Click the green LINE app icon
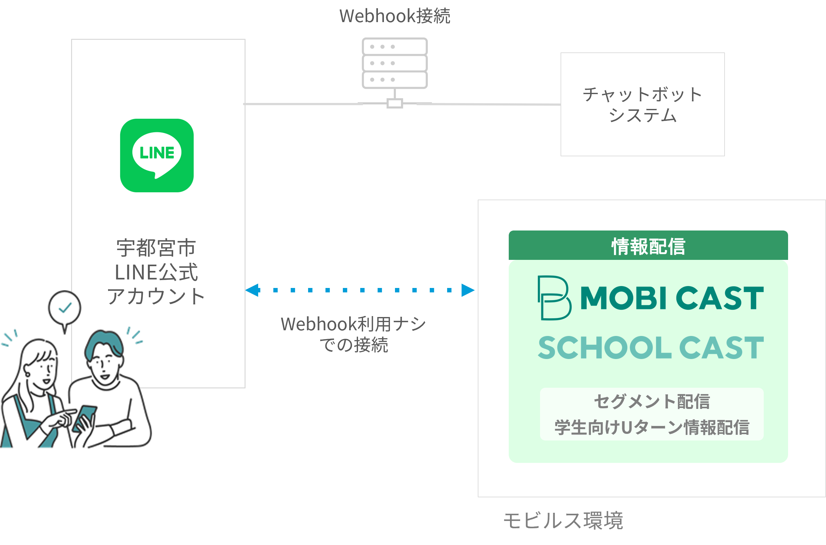point(156,155)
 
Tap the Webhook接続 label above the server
point(394,16)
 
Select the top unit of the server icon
point(394,47)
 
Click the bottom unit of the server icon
point(394,80)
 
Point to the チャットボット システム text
point(642,105)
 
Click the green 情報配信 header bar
point(647,246)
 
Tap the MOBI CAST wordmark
point(671,298)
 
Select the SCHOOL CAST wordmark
point(650,348)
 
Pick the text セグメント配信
point(651,401)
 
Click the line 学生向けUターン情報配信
point(651,427)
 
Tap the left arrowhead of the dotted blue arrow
point(252,290)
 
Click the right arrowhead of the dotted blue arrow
point(467,290)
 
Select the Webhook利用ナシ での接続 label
point(353,334)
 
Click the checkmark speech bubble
point(65,308)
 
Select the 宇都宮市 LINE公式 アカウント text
point(156,272)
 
